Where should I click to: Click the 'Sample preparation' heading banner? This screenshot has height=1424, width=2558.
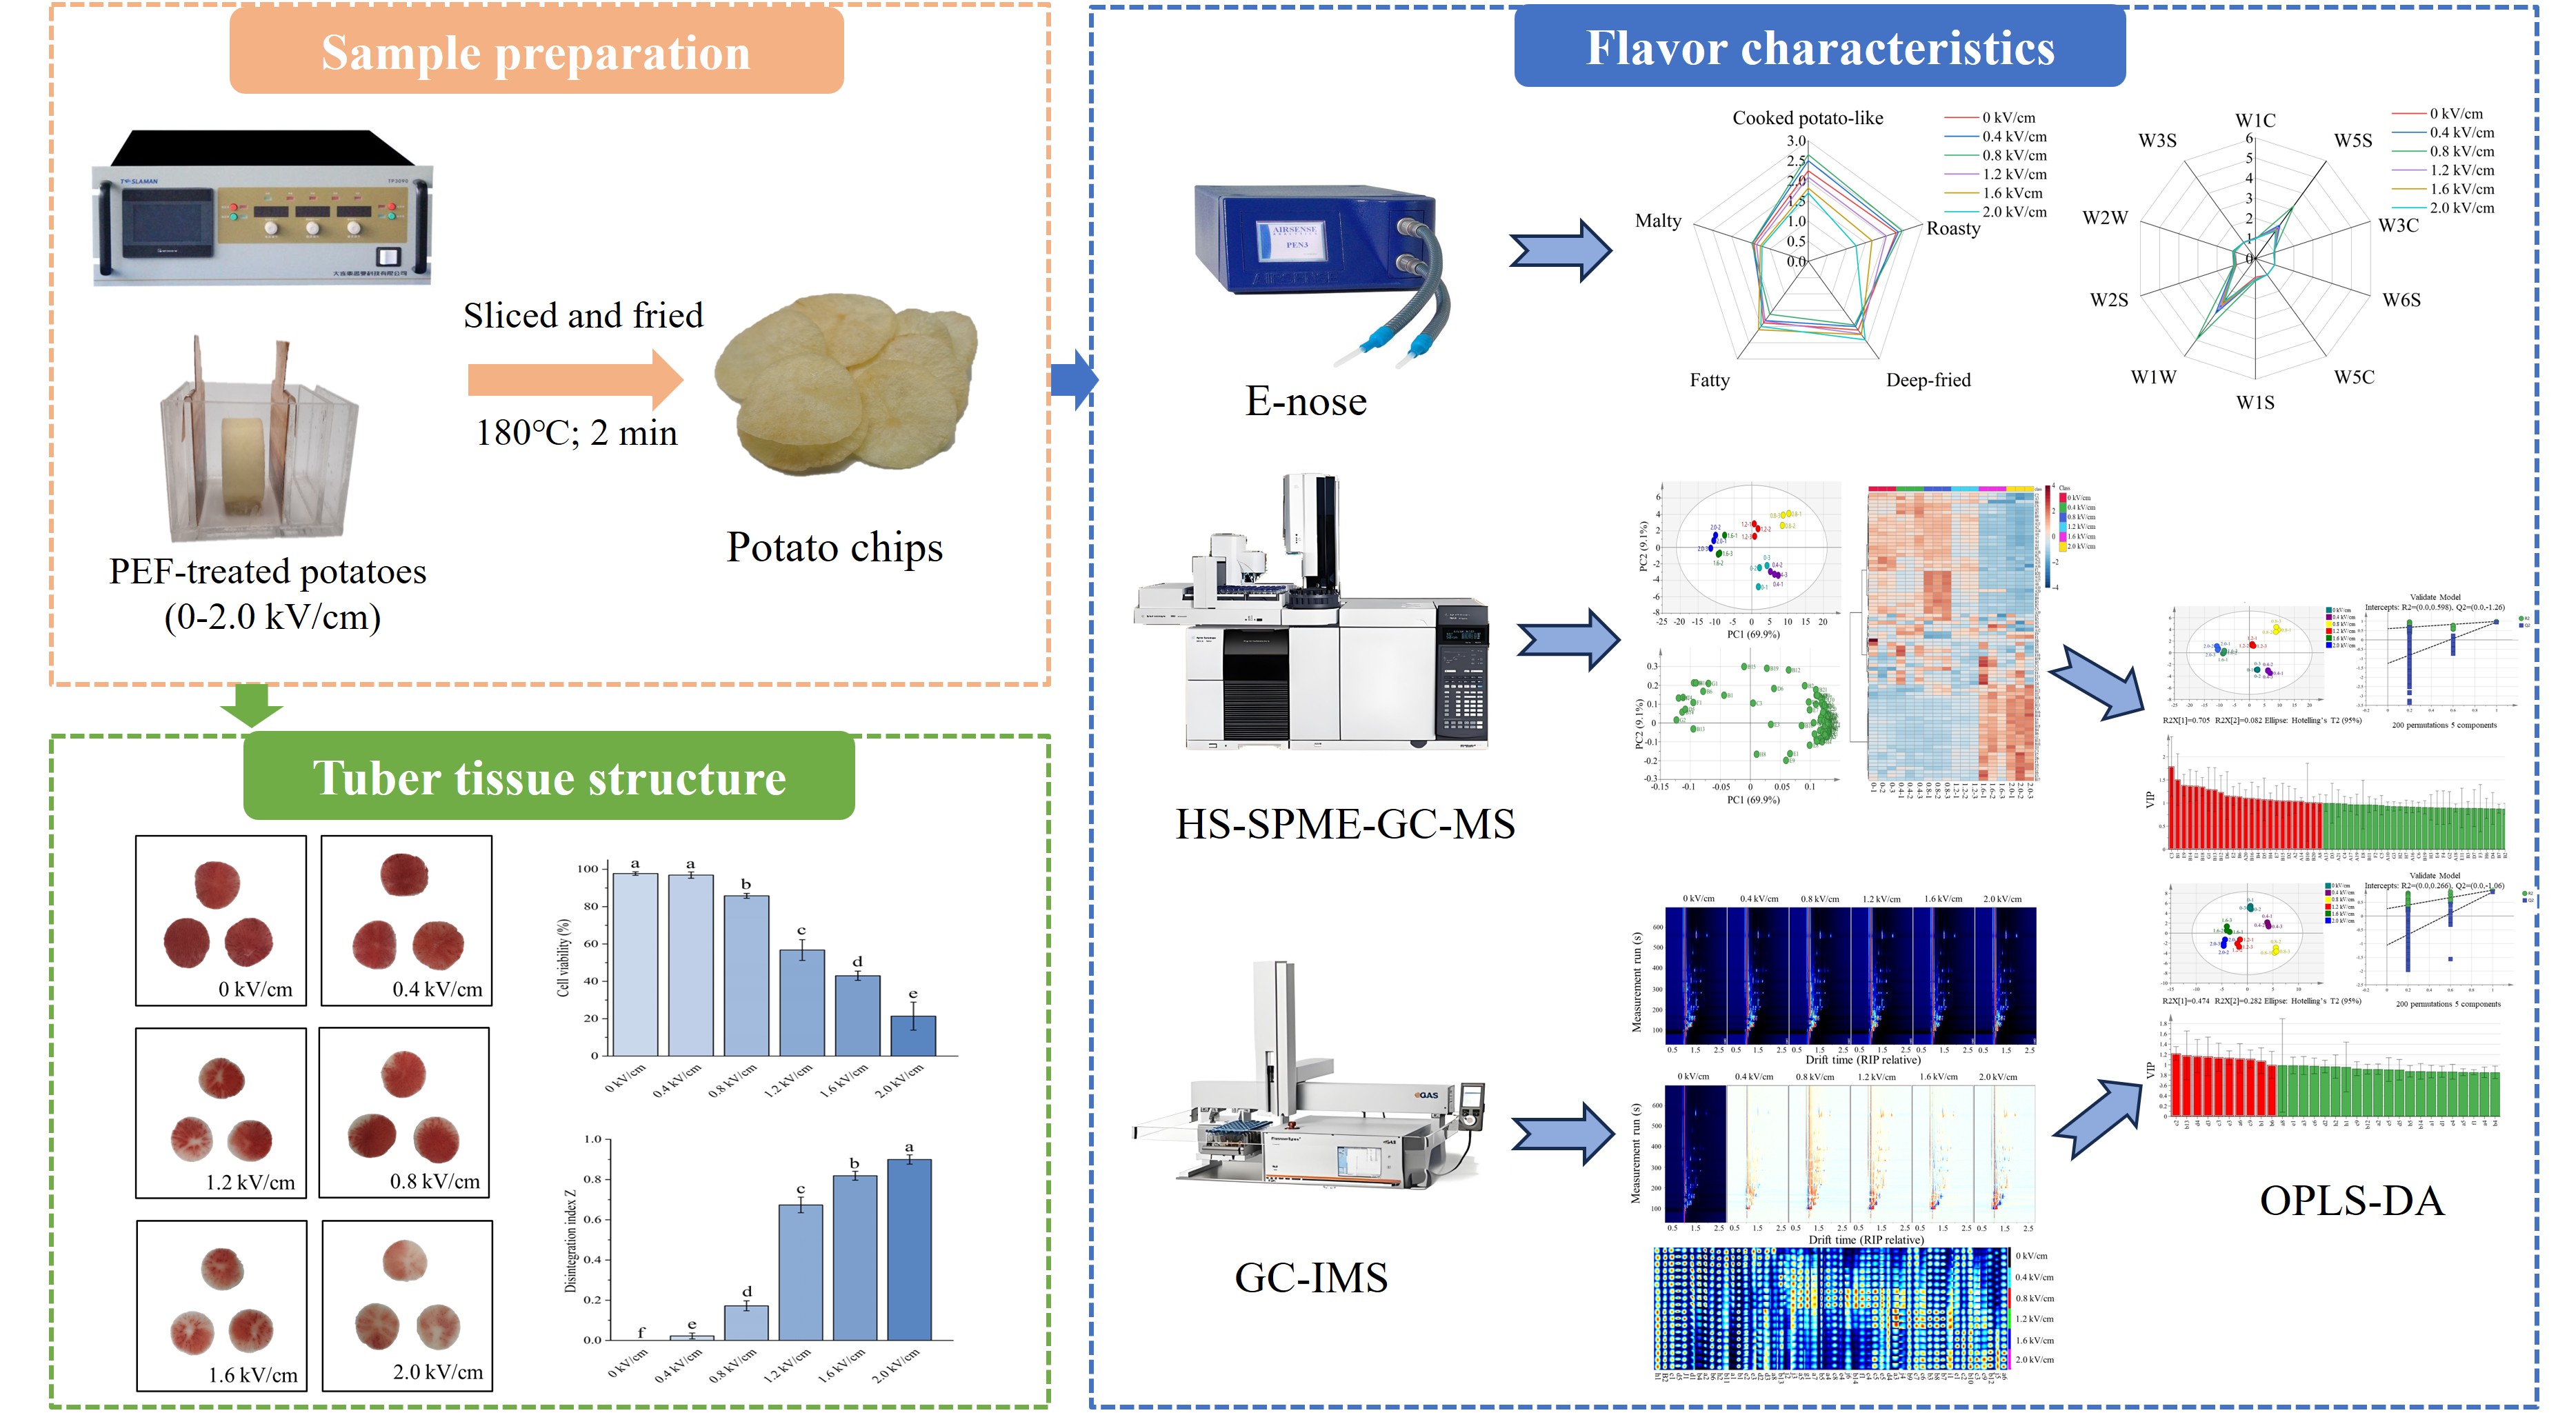537,52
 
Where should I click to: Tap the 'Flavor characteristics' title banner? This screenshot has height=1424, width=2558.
1819,48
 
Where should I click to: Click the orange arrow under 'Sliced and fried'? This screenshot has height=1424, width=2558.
575,379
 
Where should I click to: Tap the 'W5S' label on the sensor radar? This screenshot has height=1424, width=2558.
2352,141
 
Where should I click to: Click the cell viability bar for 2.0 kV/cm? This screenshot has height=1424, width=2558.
912,1035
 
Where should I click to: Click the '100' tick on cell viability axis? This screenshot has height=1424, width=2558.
588,869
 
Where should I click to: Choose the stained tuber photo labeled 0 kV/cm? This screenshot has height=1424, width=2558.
221,919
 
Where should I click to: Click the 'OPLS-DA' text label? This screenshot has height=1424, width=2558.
2350,1201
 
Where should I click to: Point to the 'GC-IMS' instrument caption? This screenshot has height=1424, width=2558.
1311,1278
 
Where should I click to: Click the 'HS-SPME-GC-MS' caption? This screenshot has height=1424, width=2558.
1345,824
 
